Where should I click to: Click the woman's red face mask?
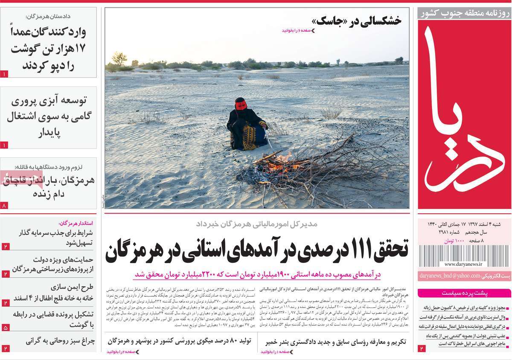tap(241, 105)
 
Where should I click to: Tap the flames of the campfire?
tap(280, 164)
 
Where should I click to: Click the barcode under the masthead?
tap(464, 255)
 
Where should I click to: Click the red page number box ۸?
tap(5, 206)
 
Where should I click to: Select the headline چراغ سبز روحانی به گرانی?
tap(60, 341)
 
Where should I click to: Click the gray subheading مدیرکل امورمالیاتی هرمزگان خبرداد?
tap(256, 224)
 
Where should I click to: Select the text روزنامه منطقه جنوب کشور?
tap(464, 13)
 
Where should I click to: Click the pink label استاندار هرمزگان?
tap(76, 223)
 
